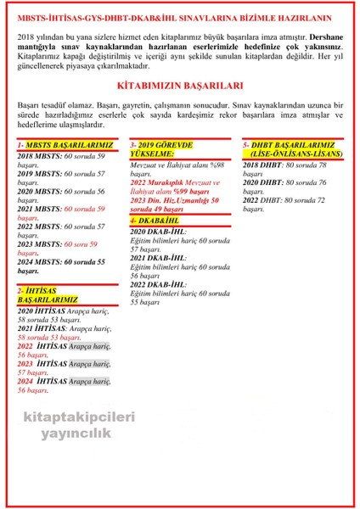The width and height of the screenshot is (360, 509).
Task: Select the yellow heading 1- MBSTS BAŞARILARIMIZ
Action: point(58,145)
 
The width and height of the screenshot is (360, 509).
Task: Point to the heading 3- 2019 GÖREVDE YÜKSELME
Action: point(162,149)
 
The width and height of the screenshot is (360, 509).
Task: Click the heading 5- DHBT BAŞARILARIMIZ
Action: point(292,149)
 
